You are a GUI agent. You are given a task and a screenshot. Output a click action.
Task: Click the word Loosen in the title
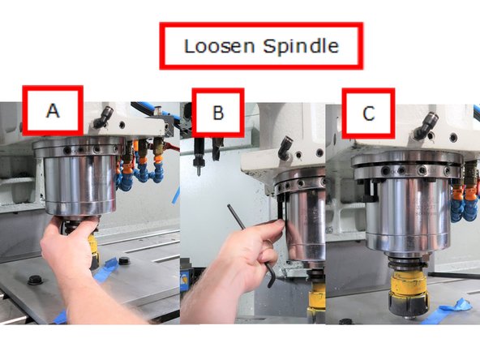coord(221,45)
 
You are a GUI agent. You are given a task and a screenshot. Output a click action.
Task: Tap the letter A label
coord(52,111)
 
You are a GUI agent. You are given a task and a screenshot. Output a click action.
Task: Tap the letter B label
coord(217,113)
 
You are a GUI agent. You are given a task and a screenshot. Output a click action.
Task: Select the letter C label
coord(368,114)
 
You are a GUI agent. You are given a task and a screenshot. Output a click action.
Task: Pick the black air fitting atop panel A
coord(101,118)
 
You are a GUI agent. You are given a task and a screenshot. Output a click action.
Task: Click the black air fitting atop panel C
coord(428,123)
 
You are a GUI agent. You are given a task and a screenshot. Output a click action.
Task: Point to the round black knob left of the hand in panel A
coord(35,280)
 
